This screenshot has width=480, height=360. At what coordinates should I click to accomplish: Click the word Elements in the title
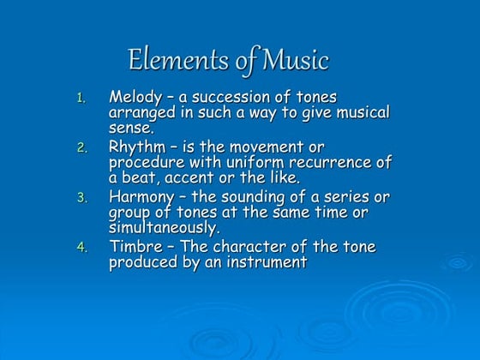[169, 61]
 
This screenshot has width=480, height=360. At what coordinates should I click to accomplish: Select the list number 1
[82, 99]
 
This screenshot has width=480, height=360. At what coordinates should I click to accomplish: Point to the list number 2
[82, 148]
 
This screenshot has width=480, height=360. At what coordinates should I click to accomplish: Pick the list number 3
[82, 198]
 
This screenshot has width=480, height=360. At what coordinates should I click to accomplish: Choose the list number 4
[82, 248]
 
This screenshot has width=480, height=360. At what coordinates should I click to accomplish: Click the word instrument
[268, 262]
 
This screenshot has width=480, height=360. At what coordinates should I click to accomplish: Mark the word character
[243, 246]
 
